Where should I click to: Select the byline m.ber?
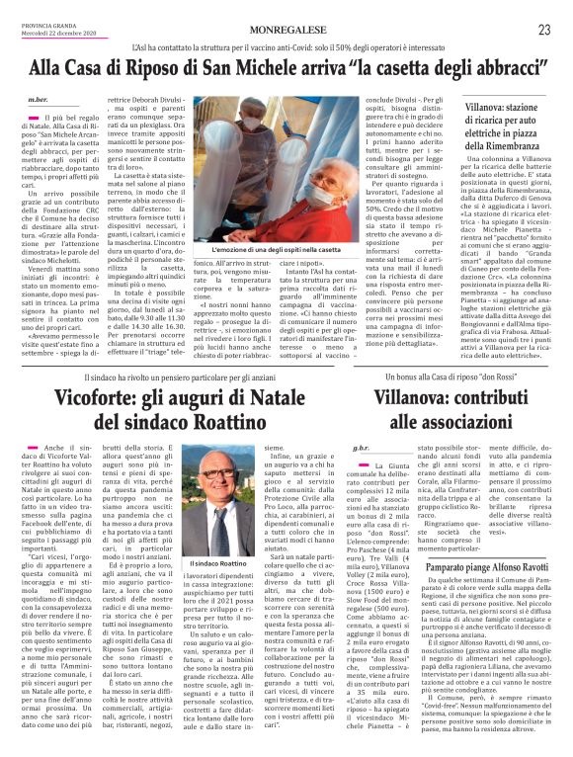tap(39, 101)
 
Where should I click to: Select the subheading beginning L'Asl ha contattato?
tap(286, 46)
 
